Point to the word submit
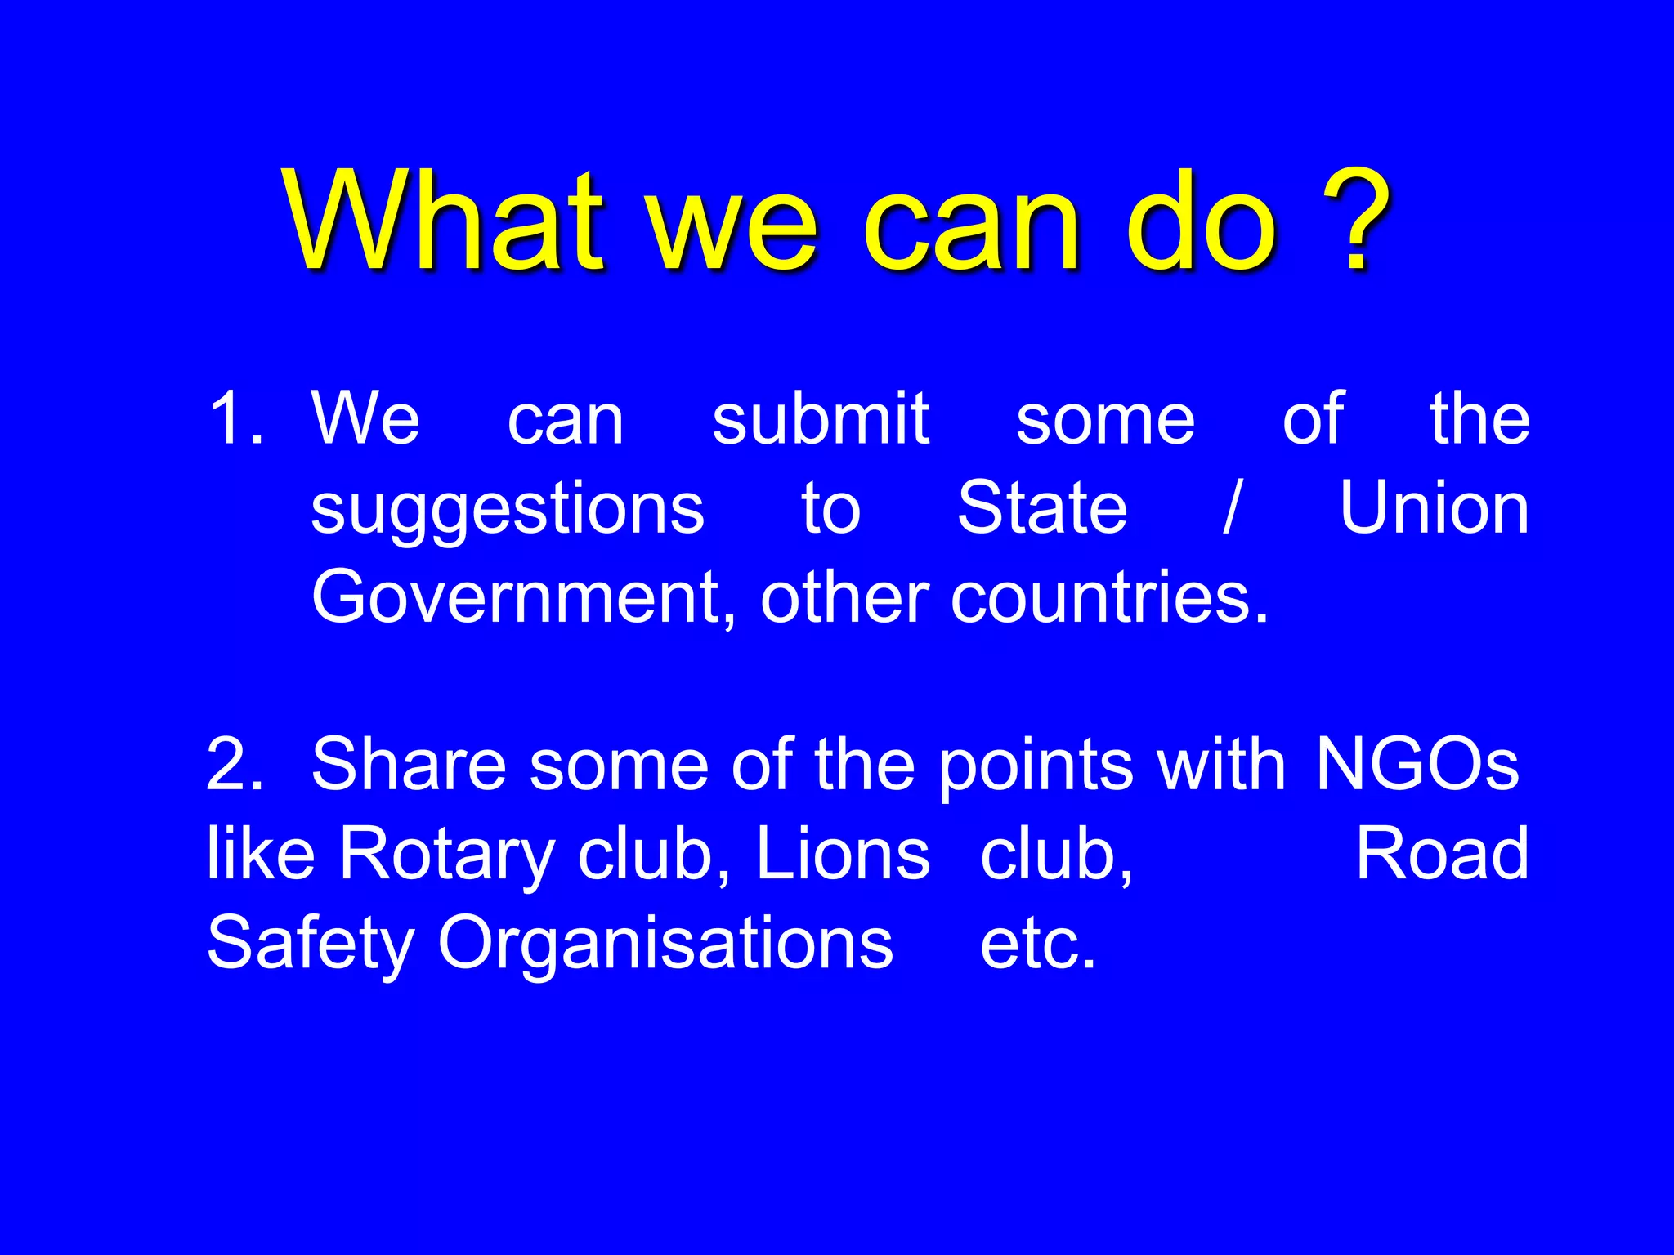click(x=820, y=418)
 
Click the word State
click(x=1042, y=508)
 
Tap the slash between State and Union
click(x=1232, y=508)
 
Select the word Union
click(x=1435, y=508)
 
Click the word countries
click(x=1109, y=598)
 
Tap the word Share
click(x=409, y=765)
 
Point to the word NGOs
click(x=1417, y=765)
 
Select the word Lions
click(x=843, y=855)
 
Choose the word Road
click(x=1442, y=855)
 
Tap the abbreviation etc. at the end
click(x=1037, y=945)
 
